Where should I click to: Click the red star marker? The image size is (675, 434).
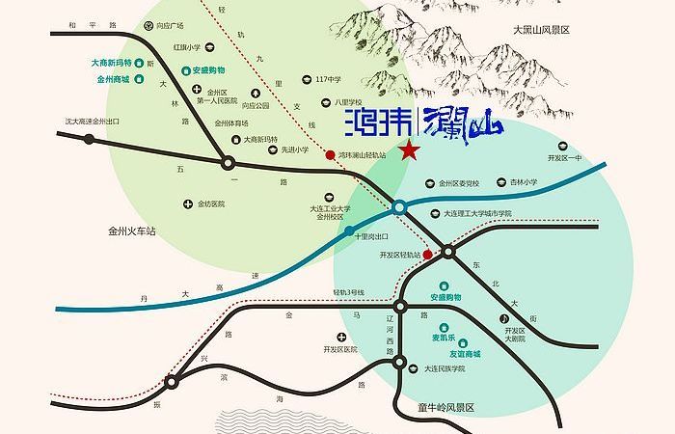pos(410,149)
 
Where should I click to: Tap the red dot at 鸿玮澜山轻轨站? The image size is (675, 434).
pos(330,154)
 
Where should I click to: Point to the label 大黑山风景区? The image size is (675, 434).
pos(542,31)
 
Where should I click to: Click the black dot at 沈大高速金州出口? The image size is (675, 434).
pos(90,139)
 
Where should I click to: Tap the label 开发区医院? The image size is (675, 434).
pos(340,349)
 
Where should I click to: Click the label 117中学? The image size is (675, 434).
pos(329,79)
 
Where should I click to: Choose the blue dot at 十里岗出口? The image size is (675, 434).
pos(349,230)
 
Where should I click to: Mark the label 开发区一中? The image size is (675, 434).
pos(565,157)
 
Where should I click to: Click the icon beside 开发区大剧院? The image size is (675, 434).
pos(503,318)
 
